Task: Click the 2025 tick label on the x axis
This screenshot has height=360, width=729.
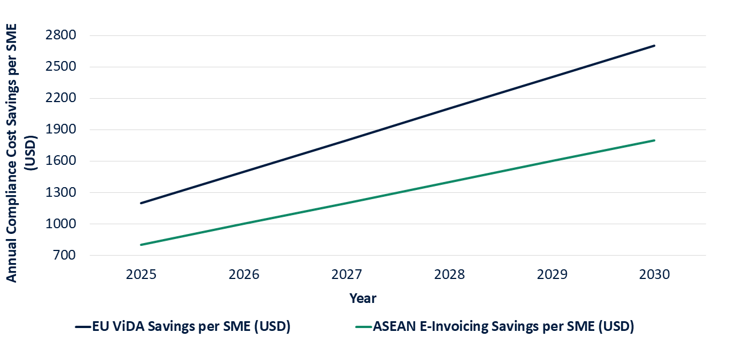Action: pos(141,275)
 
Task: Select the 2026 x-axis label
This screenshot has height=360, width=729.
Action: pos(244,275)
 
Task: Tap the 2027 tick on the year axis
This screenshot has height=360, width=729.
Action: pos(347,275)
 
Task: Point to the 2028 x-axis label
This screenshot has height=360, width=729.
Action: pos(449,275)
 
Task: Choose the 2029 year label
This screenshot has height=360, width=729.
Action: pos(552,275)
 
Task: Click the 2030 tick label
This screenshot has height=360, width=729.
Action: pos(654,275)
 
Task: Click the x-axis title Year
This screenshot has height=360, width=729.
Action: pos(363,298)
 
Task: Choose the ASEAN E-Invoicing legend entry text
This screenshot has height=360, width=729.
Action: pos(504,327)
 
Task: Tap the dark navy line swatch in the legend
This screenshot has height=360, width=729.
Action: pos(83,327)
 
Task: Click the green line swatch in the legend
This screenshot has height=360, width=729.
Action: pos(363,327)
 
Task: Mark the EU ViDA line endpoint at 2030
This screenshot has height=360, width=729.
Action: pos(654,46)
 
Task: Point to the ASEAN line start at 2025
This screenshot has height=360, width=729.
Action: pos(141,245)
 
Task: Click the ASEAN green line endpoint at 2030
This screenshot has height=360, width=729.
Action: pos(654,140)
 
